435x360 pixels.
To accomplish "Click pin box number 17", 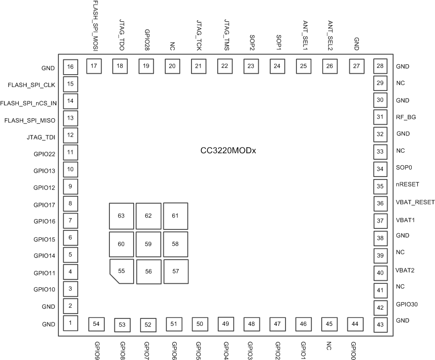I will coord(94,66).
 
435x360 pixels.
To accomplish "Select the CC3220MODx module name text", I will coord(227,150).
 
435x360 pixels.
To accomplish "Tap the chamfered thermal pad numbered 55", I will coord(121,271).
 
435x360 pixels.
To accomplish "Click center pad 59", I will coord(148,244).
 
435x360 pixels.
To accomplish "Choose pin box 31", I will coord(380,117).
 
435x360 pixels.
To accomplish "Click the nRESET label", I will coord(407,184).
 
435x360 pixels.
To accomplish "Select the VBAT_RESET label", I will coord(415,202).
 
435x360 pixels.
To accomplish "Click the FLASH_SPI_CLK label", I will coord(31,85).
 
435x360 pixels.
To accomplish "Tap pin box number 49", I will coord(226,323).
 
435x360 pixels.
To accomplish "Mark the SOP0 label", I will coord(404,168).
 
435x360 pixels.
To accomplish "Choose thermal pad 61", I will coord(175,215).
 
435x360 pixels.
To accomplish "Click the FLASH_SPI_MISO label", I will coord(29,120).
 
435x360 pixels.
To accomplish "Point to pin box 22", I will coord(225,66).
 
